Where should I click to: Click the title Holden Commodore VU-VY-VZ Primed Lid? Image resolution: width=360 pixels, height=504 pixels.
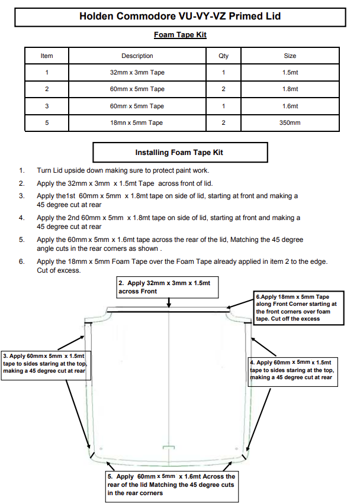click(x=179, y=16)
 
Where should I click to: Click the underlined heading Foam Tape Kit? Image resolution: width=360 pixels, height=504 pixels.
click(x=180, y=35)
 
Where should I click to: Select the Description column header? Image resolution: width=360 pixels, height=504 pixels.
click(x=137, y=56)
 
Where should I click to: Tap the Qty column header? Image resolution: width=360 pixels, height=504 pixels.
click(x=223, y=56)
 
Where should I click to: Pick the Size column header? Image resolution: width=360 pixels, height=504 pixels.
click(x=290, y=56)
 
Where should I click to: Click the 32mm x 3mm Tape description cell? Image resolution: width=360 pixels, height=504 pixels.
click(x=137, y=73)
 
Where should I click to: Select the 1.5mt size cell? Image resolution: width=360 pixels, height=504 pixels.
click(x=290, y=73)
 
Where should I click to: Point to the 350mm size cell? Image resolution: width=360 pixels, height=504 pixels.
click(x=290, y=123)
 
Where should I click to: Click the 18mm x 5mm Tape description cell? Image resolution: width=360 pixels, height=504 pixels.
click(x=137, y=123)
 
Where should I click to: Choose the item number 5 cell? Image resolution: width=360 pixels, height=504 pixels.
click(x=46, y=123)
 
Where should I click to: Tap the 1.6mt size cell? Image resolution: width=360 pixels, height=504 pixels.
click(x=290, y=106)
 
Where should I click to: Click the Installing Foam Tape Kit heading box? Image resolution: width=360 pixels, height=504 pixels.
click(x=179, y=153)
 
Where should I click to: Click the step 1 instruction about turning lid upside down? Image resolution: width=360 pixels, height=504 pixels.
click(x=123, y=170)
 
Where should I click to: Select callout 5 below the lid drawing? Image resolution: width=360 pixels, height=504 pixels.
click(x=171, y=484)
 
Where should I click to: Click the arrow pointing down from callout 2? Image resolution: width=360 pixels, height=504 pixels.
click(x=169, y=302)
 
